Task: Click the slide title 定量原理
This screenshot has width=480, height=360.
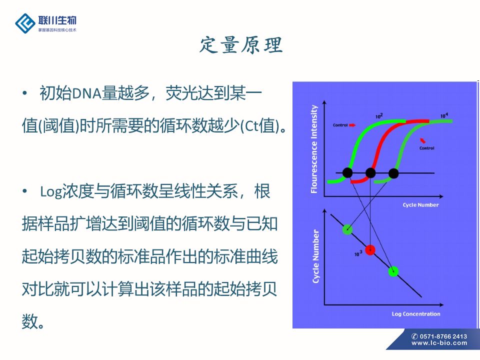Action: (241, 45)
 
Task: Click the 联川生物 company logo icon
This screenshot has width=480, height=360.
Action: (25, 23)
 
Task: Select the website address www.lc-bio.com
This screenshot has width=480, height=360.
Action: (439, 343)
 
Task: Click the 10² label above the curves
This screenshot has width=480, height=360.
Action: (379, 116)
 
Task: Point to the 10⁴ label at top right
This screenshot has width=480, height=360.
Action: (444, 115)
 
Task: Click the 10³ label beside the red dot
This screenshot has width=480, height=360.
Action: (358, 253)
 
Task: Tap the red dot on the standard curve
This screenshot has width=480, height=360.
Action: (370, 250)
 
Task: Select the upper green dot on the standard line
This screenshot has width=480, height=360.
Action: (347, 229)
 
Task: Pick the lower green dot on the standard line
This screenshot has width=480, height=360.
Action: (393, 271)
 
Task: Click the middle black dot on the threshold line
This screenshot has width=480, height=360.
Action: (370, 173)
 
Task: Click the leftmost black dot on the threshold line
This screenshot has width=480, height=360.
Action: (347, 173)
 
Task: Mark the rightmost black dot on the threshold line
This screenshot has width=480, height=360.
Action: (393, 173)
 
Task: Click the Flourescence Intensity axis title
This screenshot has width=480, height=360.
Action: (314, 149)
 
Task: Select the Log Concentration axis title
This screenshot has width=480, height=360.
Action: (416, 314)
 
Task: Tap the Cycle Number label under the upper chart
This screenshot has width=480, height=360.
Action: (420, 205)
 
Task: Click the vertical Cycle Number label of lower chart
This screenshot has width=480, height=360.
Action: (315, 256)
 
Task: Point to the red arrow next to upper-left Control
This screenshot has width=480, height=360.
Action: (352, 125)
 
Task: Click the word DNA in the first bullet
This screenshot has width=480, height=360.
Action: (87, 93)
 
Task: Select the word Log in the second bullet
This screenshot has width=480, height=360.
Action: (51, 192)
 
